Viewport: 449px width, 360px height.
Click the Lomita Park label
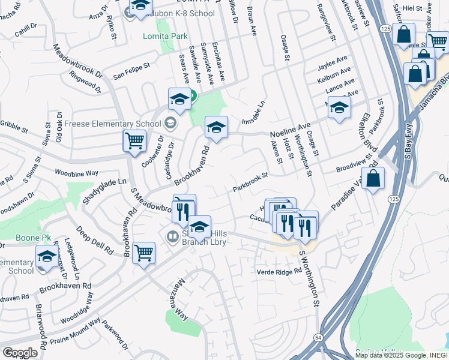point(165,37)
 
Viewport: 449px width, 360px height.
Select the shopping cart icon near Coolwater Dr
point(134,141)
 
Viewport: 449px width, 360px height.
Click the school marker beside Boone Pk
point(47,257)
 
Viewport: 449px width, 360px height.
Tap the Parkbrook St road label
point(250,183)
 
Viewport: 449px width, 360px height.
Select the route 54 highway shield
point(318,338)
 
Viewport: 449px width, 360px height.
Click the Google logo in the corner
point(20,352)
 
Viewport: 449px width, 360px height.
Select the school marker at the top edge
point(140,6)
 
